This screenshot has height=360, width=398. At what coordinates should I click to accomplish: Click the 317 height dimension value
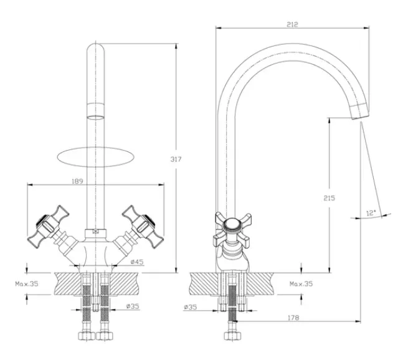[x=176, y=159]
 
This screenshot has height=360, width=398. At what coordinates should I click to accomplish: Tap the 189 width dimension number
[x=77, y=181]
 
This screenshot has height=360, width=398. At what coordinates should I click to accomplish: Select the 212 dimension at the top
[x=292, y=24]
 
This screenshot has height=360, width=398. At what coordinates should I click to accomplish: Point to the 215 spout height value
[x=329, y=198]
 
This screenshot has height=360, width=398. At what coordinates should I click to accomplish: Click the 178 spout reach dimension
[x=293, y=318]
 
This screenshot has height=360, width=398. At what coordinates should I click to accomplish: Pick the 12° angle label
[x=371, y=213]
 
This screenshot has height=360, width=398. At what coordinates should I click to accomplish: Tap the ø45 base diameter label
[x=137, y=262]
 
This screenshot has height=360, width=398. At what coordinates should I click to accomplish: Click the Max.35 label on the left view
[x=27, y=283]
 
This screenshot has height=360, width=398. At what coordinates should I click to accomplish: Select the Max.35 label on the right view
[x=301, y=283]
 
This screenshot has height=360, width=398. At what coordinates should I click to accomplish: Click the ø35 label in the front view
[x=133, y=306]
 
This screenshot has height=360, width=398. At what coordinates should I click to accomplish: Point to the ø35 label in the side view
[x=191, y=307]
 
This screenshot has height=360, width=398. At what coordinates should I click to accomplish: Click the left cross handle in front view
[x=48, y=227]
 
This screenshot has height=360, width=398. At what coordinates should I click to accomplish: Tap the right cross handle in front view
[x=143, y=227]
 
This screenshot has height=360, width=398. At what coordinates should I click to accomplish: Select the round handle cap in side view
[x=232, y=225]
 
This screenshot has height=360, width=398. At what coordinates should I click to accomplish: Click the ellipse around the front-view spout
[x=96, y=156]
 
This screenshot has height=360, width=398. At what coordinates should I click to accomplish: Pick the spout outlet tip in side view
[x=359, y=111]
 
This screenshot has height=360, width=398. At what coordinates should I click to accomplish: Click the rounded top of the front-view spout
[x=96, y=48]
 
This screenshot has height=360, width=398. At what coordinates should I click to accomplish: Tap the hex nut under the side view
[x=232, y=336]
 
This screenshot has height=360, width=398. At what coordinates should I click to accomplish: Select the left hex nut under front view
[x=87, y=336]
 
